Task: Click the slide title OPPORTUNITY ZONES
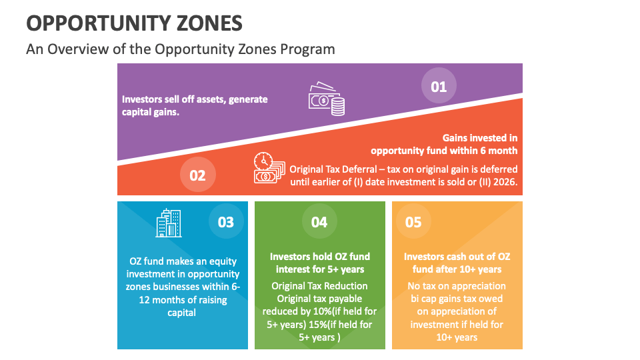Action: tap(134, 23)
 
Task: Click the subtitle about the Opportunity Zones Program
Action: tap(180, 49)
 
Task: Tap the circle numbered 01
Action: tap(438, 87)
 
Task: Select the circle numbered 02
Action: tap(197, 175)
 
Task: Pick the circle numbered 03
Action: tap(226, 222)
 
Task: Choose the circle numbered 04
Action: tap(319, 222)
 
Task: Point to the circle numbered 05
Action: tap(413, 222)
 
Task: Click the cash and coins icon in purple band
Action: tap(326, 99)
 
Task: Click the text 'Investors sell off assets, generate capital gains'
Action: tap(194, 105)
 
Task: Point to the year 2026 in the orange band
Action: tap(505, 182)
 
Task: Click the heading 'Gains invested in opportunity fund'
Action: tap(444, 144)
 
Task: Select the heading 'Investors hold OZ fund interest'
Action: tap(319, 263)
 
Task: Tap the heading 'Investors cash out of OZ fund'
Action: tap(457, 263)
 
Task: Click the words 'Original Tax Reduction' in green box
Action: tap(319, 286)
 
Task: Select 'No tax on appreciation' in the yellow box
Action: tap(457, 286)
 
